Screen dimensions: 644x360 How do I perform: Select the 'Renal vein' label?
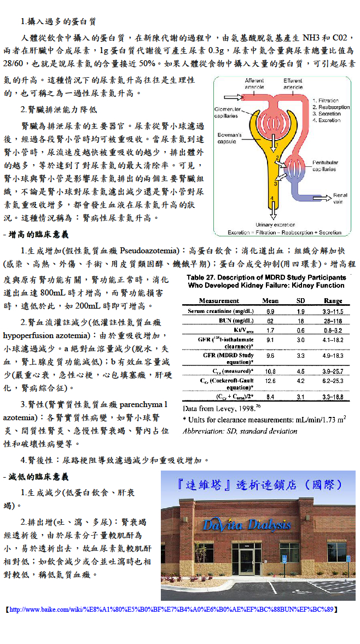pos(340,198)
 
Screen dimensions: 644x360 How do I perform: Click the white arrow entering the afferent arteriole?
pos(232,98)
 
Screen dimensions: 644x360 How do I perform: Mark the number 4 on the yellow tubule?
pos(272,198)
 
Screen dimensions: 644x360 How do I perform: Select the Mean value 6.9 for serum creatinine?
pos(270,311)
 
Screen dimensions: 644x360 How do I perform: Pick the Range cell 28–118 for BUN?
pos(333,321)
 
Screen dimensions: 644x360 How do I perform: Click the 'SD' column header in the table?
pos(301,301)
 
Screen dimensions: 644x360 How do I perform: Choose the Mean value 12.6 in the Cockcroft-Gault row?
pos(270,380)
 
